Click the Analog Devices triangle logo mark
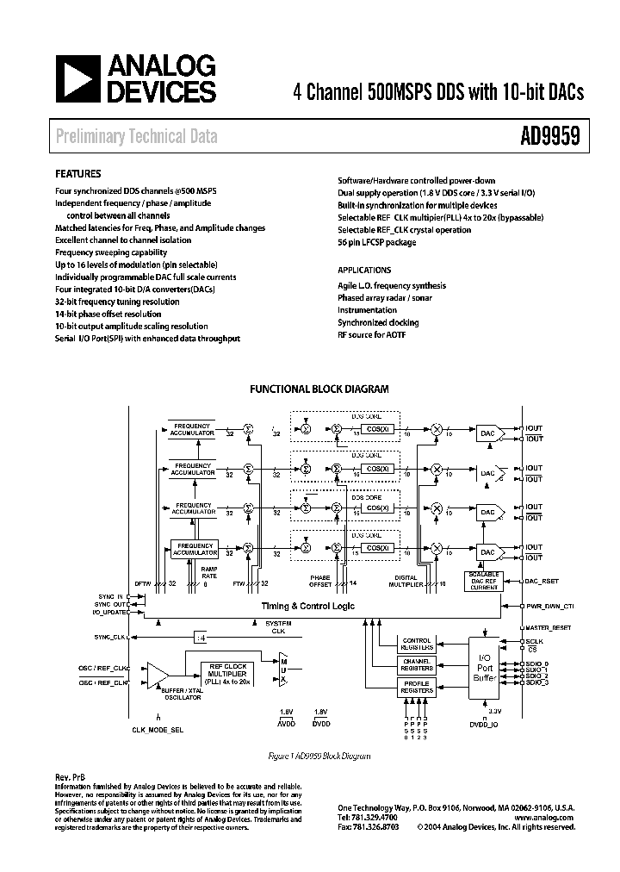[x=79, y=79]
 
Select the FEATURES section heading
[x=78, y=173]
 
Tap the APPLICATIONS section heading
[x=364, y=270]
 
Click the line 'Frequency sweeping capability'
[x=109, y=252]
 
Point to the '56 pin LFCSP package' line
[x=376, y=243]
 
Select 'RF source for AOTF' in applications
[x=371, y=334]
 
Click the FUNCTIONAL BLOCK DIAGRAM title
[x=319, y=389]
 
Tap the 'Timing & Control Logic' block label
[x=308, y=607]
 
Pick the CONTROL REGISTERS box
[x=418, y=644]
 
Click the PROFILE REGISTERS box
[x=418, y=687]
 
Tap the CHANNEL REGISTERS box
[x=418, y=665]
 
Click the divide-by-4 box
[x=200, y=638]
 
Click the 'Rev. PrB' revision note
[x=70, y=776]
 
